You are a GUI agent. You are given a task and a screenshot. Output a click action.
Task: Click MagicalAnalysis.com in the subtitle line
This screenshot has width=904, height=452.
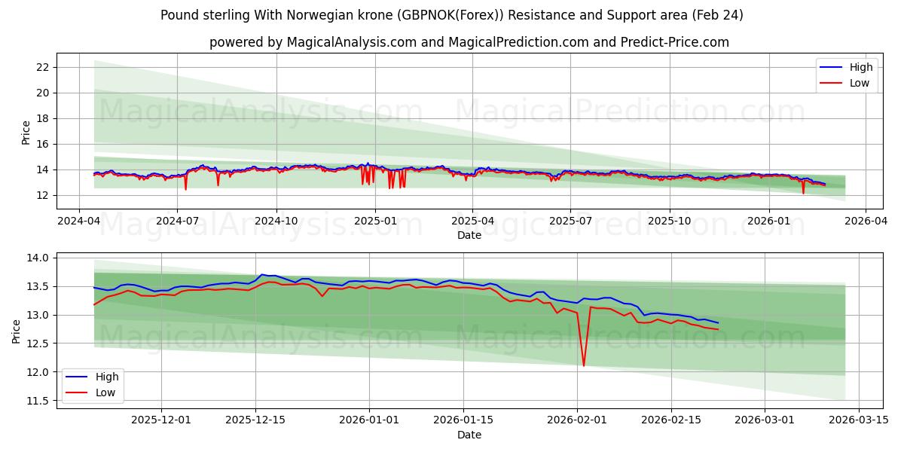click(352, 42)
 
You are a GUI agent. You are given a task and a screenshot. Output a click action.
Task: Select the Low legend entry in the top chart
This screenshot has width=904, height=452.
click(859, 83)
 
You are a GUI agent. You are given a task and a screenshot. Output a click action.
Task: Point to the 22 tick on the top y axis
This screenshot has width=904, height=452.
click(42, 67)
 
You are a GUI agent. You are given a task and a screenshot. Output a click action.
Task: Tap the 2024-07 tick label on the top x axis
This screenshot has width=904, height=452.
click(177, 221)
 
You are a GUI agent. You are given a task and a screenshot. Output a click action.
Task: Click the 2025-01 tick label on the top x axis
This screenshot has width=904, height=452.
click(374, 221)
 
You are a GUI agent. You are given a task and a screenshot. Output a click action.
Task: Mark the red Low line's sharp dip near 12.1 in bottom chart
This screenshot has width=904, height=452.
click(584, 365)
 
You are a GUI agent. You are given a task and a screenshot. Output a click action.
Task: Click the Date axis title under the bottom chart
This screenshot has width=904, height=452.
click(469, 435)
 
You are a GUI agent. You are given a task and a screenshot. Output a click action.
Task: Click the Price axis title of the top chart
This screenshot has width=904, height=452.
click(26, 132)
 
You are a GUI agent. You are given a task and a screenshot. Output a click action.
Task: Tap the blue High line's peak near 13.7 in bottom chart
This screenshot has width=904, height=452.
click(261, 275)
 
